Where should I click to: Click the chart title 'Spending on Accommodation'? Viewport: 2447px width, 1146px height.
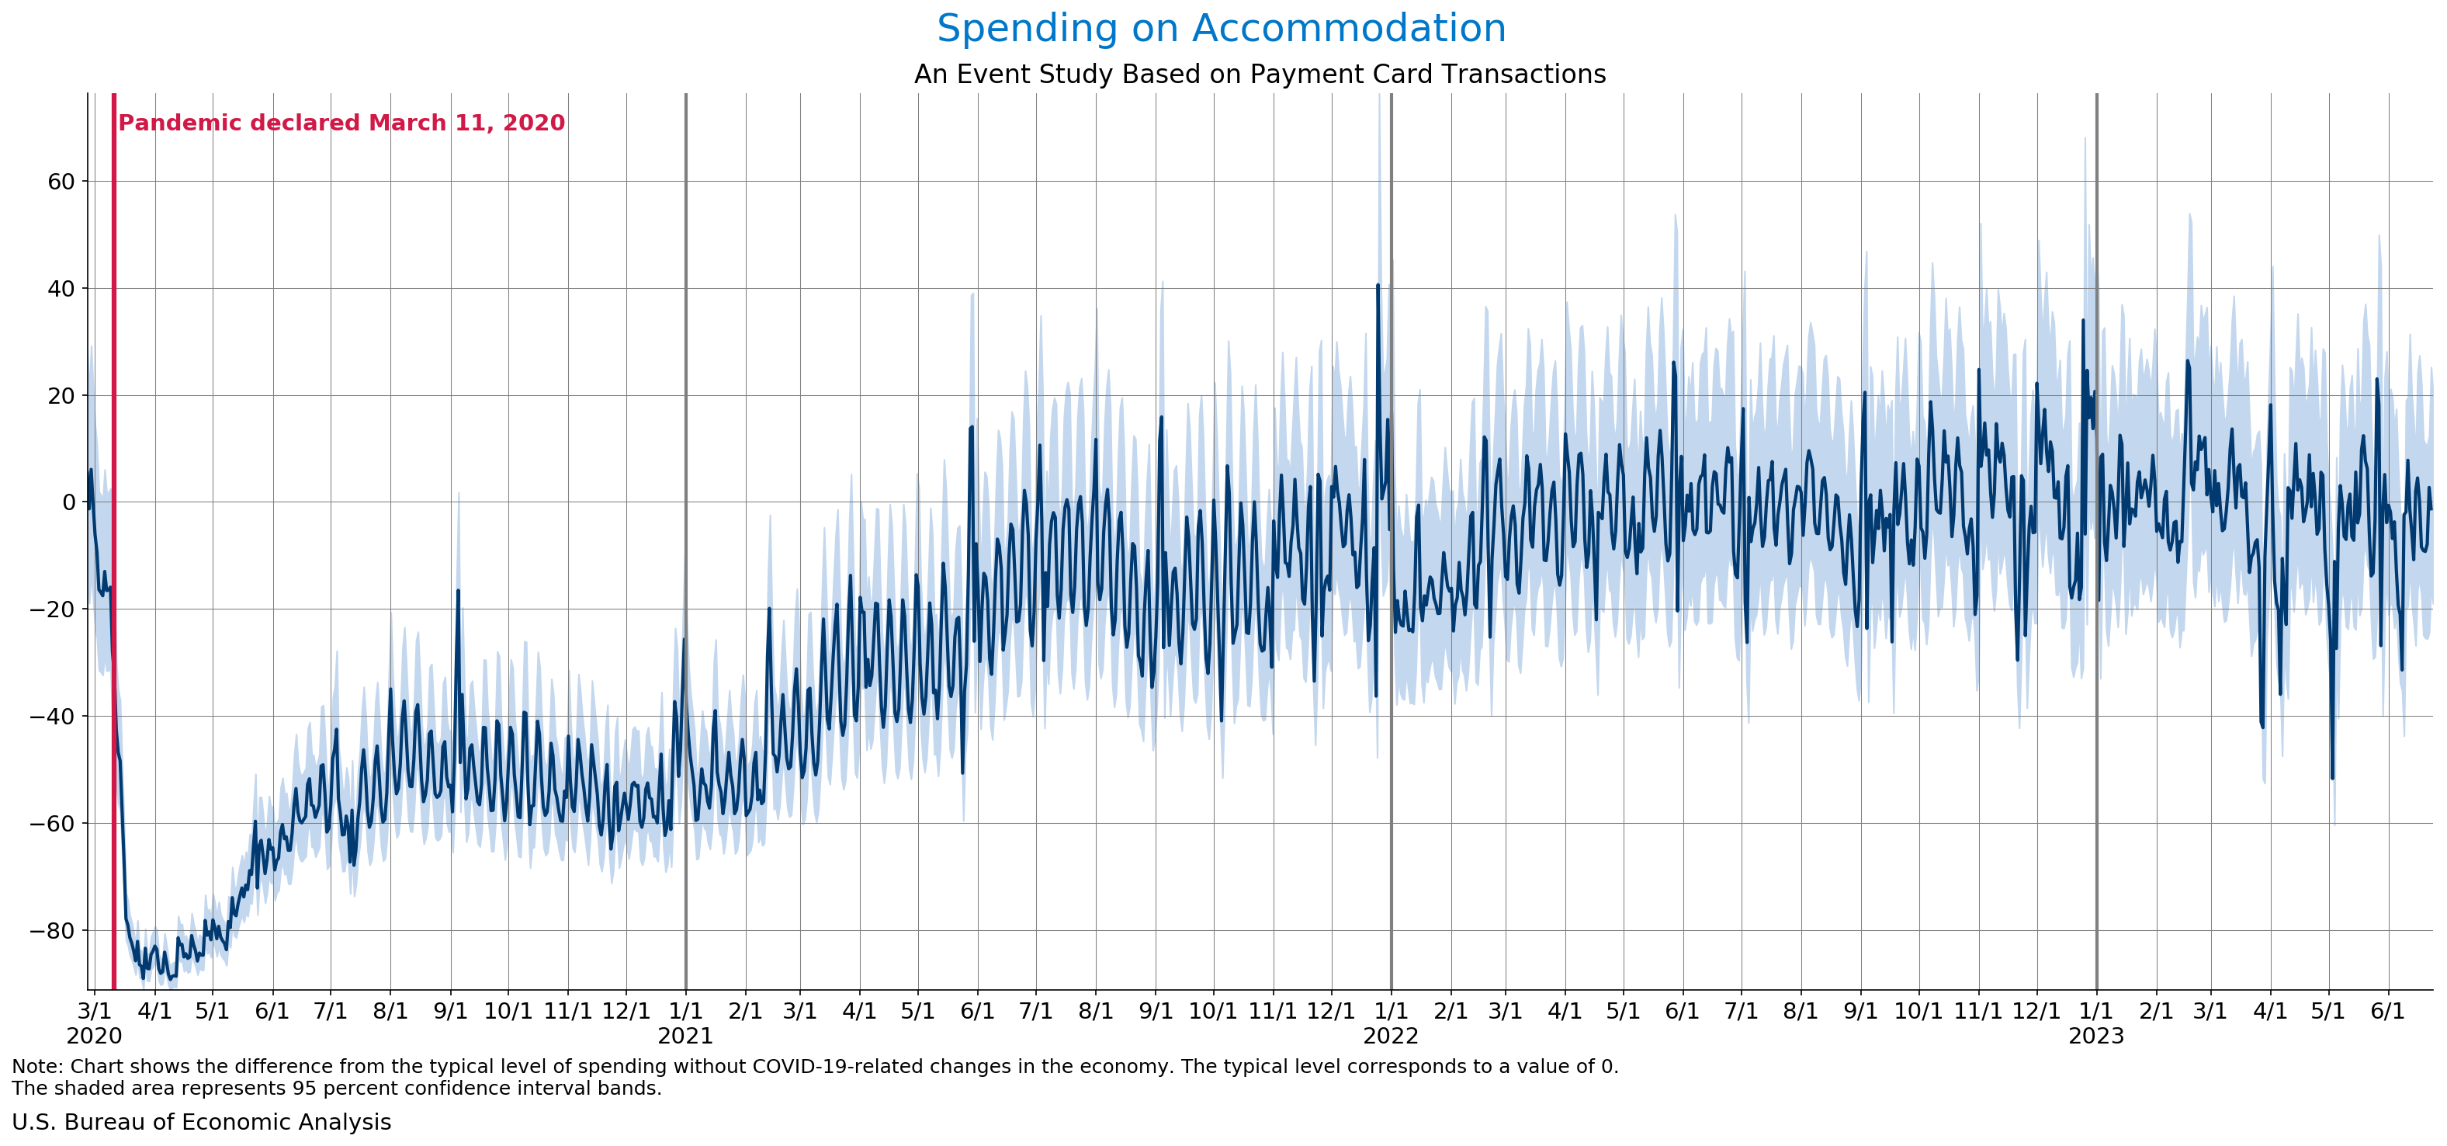click(1221, 29)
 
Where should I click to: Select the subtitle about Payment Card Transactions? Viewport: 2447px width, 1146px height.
click(1260, 74)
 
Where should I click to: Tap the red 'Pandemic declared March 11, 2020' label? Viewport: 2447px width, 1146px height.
click(341, 123)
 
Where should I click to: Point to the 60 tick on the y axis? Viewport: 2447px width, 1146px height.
click(61, 182)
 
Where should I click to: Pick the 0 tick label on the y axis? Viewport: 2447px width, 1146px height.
click(68, 502)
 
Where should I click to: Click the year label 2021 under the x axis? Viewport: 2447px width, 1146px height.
click(685, 1037)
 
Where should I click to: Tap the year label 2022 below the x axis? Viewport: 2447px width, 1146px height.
click(1391, 1037)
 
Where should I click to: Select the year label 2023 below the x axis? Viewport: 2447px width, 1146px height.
click(2096, 1037)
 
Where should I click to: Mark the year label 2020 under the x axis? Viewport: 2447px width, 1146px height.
click(94, 1037)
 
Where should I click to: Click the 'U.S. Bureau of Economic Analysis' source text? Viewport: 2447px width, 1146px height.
click(201, 1122)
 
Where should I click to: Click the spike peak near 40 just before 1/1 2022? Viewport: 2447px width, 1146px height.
click(1378, 285)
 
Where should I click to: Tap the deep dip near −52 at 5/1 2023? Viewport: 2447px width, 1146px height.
click(2332, 778)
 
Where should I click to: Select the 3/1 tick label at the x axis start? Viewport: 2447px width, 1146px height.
click(94, 1011)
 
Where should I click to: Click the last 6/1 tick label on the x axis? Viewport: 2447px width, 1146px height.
click(2387, 1011)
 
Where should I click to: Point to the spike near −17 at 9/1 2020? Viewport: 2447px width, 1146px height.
click(458, 591)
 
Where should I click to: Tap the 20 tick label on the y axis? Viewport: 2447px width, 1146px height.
click(61, 396)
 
